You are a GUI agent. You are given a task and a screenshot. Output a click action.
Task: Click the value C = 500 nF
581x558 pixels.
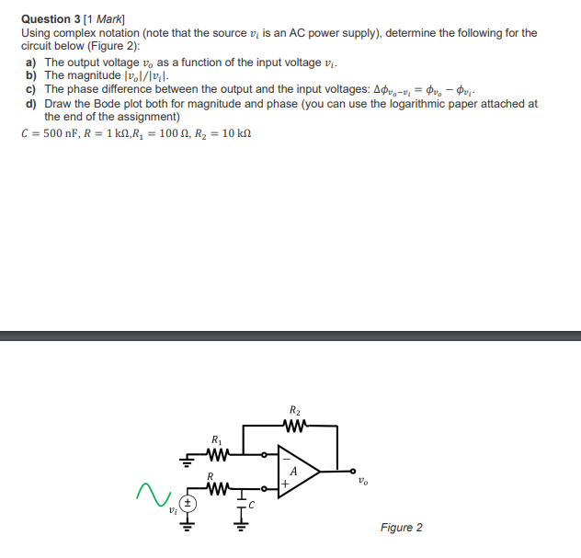coord(52,133)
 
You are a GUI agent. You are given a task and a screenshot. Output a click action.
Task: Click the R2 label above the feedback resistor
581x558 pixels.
coord(294,409)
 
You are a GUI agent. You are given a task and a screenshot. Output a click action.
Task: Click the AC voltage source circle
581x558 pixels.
coord(187,504)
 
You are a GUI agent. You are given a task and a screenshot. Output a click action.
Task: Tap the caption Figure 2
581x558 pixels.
coord(401,527)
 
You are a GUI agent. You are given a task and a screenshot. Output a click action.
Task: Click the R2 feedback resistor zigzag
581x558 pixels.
coord(294,425)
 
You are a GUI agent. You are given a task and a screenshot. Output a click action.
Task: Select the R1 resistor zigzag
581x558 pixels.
coord(217,453)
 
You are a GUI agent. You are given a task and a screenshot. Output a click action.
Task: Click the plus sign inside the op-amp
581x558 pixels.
coord(285,482)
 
